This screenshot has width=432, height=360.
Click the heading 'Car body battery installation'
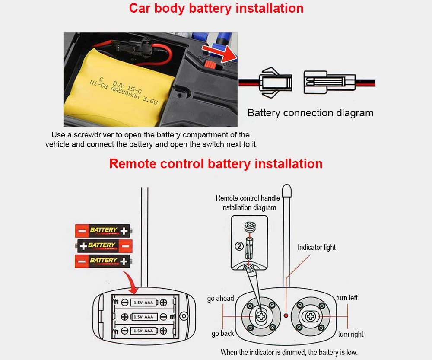click(216, 8)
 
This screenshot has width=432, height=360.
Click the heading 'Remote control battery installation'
click(216, 164)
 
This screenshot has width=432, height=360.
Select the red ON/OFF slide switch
click(210, 65)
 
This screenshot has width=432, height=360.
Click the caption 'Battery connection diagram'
click(310, 113)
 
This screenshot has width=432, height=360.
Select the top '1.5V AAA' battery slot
click(143, 303)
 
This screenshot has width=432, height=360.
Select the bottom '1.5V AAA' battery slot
click(143, 331)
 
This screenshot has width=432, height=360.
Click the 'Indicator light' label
click(316, 248)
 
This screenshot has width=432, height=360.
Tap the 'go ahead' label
click(220, 298)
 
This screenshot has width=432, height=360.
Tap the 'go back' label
click(222, 334)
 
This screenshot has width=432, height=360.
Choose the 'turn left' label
click(347, 298)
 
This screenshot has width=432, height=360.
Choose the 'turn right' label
click(350, 334)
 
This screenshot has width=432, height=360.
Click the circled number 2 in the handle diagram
click(239, 246)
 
